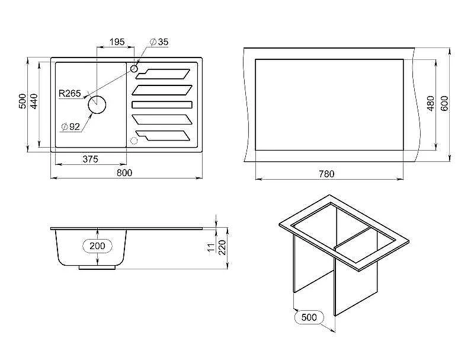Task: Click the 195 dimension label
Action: coord(117,42)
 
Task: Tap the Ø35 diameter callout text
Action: coord(159,42)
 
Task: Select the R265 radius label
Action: coord(69,93)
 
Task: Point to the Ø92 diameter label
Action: coord(71,126)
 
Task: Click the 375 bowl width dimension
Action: coord(91,159)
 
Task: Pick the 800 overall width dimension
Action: coord(124,173)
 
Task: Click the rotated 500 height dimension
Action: coord(23,101)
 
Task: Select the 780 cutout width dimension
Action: coord(326,174)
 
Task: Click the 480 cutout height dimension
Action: coord(431,103)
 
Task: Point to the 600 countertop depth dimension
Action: coord(444,103)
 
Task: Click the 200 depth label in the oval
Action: coord(97,246)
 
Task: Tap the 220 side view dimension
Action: coord(222,247)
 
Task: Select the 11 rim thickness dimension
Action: coord(212,247)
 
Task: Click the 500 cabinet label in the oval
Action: coord(309,317)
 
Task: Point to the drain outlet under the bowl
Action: coord(97,267)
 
